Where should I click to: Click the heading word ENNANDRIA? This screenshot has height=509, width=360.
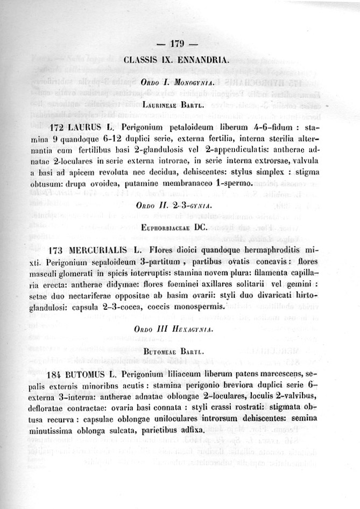coord(203,59)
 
